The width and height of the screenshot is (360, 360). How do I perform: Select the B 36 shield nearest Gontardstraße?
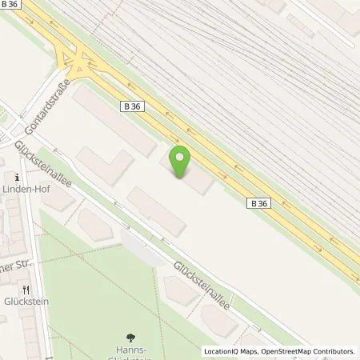point(132,106)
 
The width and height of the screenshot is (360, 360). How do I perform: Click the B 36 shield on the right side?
point(258,203)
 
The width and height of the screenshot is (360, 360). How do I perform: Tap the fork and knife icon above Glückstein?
point(26,290)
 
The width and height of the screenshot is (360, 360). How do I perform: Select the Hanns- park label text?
point(131,352)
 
